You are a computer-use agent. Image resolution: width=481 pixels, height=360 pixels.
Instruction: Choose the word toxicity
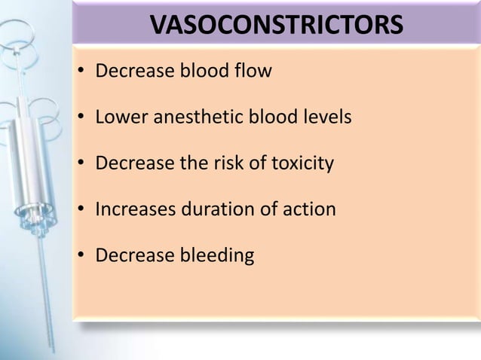click(300, 164)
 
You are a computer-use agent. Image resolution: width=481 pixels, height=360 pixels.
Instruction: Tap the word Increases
click(135, 209)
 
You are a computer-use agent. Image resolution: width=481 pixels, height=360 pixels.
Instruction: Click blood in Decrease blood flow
click(202, 72)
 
